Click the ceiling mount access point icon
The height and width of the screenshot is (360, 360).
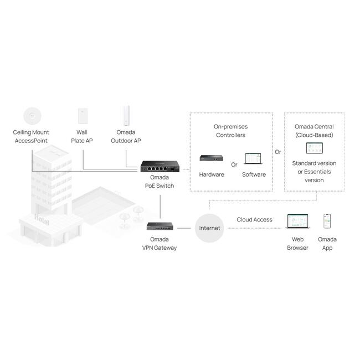click(31, 115)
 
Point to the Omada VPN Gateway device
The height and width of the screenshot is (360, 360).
click(160, 226)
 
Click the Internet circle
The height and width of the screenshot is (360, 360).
click(209, 228)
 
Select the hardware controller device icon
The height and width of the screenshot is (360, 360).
click(211, 158)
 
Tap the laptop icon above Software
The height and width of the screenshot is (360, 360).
click(254, 158)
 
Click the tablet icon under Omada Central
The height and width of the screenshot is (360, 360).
click(313, 148)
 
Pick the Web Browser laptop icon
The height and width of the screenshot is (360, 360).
click(297, 222)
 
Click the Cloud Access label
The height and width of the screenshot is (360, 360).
click(254, 219)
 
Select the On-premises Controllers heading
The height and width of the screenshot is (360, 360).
click(230, 131)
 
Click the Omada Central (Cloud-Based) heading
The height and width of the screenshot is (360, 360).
click(314, 131)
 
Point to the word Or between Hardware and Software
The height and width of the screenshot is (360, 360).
click(234, 164)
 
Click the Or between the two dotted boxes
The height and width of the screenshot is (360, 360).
click(277, 151)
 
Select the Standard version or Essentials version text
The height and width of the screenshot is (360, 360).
click(314, 172)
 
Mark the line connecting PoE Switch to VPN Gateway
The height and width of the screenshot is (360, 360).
click(160, 204)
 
